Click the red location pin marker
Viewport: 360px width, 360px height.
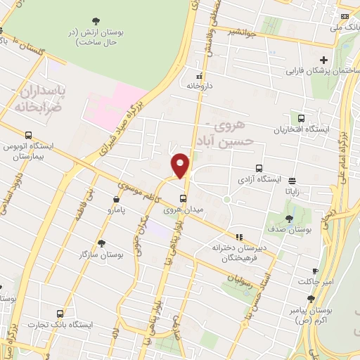181,165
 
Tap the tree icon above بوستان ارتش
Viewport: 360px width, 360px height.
96,21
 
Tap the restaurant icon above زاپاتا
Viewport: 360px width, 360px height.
292,179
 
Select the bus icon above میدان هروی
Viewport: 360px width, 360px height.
183,198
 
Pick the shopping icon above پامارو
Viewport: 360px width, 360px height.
117,199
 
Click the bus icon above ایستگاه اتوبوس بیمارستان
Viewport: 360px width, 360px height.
28,135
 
